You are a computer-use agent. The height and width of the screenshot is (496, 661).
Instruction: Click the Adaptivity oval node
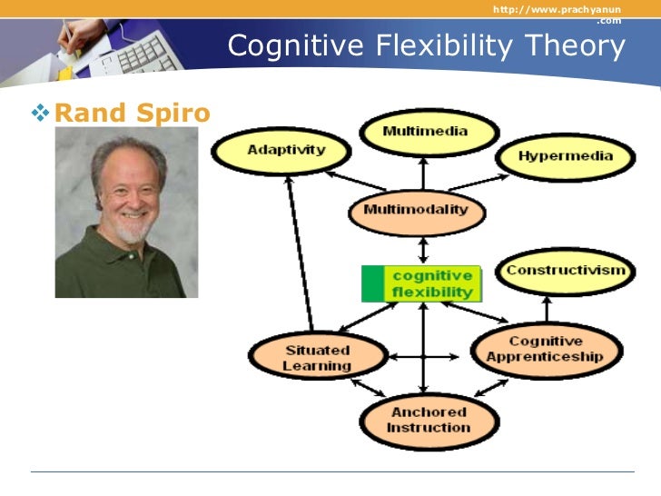[273, 151]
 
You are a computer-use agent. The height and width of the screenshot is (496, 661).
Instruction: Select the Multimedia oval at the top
[425, 132]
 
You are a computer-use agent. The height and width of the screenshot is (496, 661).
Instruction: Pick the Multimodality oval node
[416, 210]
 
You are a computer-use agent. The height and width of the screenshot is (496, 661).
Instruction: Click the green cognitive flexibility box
[421, 283]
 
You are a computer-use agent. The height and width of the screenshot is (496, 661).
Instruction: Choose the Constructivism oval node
[565, 271]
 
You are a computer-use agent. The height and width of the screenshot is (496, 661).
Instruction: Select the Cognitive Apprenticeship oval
[544, 350]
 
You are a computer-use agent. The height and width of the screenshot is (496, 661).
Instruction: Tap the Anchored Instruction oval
[429, 419]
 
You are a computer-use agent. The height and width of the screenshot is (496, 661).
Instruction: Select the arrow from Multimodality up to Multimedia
[423, 174]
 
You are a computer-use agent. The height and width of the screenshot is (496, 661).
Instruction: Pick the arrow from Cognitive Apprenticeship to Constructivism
[547, 309]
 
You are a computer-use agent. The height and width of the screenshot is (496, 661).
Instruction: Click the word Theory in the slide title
[575, 45]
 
